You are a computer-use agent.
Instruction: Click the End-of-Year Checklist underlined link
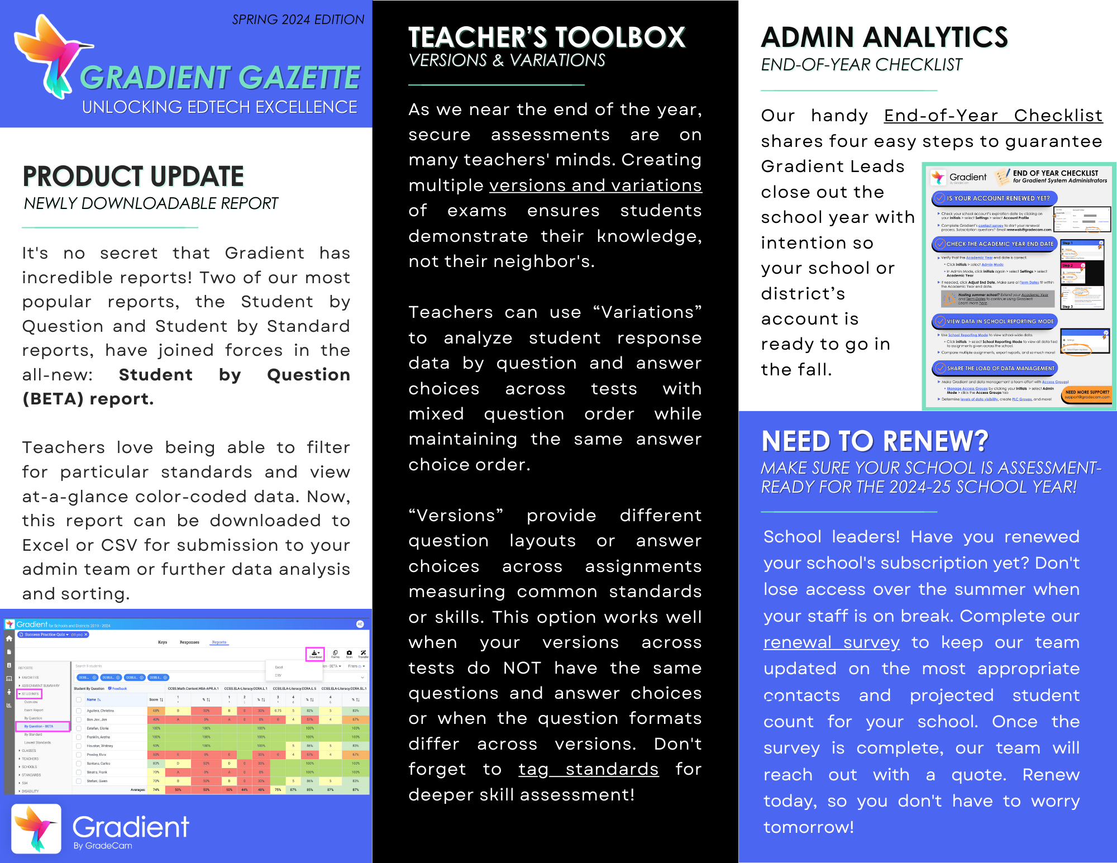pos(993,116)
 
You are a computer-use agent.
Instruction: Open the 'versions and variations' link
pos(595,185)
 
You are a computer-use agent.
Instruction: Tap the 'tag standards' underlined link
pos(588,769)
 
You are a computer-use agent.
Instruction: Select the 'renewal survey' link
pos(831,642)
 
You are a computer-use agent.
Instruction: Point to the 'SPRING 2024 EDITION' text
pos(298,20)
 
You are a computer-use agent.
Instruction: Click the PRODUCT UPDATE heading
pos(133,177)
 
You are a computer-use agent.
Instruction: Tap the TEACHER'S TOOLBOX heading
pos(546,38)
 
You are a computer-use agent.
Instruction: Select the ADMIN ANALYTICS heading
pos(884,38)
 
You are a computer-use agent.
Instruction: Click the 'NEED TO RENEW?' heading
pos(875,441)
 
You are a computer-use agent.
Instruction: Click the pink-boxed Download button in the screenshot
pos(315,654)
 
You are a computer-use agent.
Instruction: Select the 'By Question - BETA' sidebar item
pos(42,726)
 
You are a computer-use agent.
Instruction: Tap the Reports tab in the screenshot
pos(219,642)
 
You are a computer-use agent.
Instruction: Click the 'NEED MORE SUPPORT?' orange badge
pos(1087,394)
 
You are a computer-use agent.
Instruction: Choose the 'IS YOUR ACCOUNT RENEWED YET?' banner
pos(994,198)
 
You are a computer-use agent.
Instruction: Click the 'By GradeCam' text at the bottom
pos(103,846)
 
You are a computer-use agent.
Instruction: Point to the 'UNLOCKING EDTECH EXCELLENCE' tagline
pos(219,107)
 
